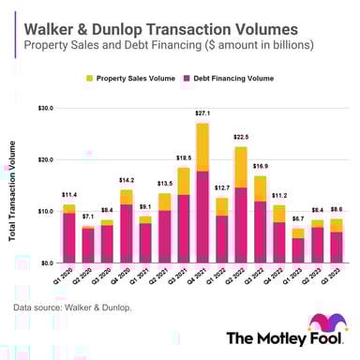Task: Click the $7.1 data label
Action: [87, 217]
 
